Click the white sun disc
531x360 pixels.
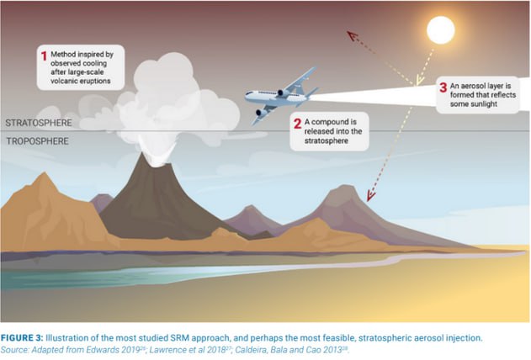click(441, 30)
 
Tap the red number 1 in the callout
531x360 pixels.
click(44, 56)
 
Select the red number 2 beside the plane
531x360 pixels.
click(297, 124)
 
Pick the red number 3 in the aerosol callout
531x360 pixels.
click(443, 87)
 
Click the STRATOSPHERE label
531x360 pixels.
click(39, 123)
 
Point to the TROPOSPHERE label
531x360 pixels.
click(37, 141)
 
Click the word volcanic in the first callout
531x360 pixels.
click(64, 81)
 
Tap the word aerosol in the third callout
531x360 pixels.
click(474, 86)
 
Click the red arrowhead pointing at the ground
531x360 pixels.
click(370, 196)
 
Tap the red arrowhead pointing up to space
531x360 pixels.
click(353, 35)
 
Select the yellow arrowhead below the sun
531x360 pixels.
click(419, 81)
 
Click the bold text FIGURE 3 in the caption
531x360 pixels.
click(22, 338)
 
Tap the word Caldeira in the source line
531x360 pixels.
click(248, 350)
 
